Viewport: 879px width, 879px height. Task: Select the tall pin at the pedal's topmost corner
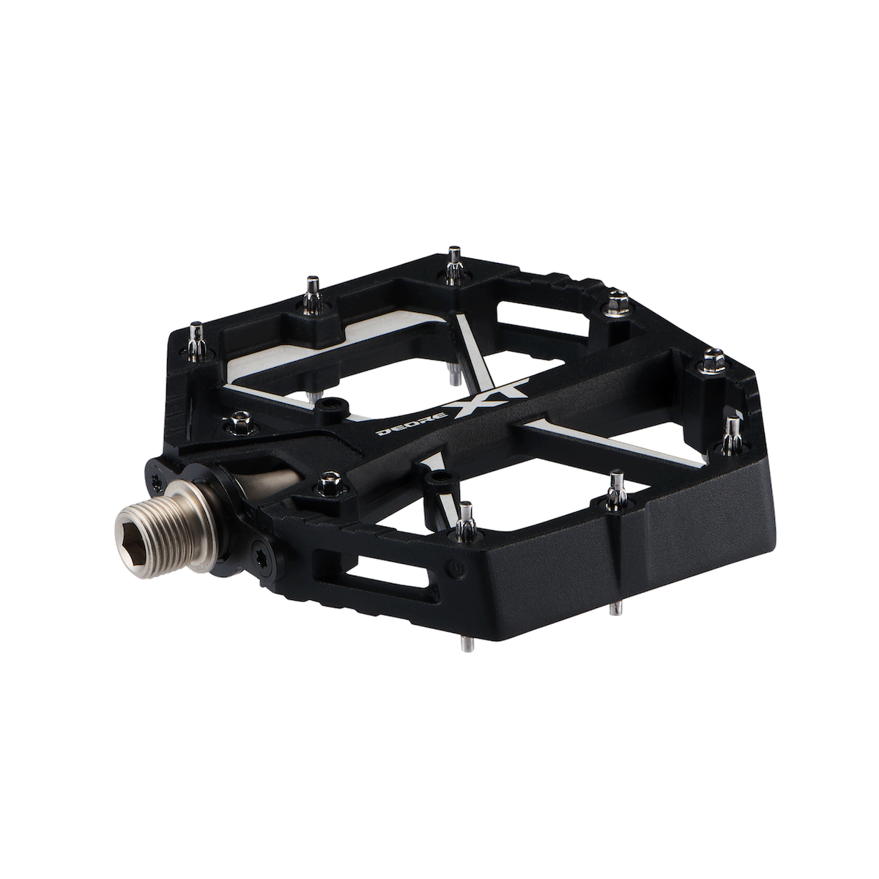[x=453, y=268]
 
